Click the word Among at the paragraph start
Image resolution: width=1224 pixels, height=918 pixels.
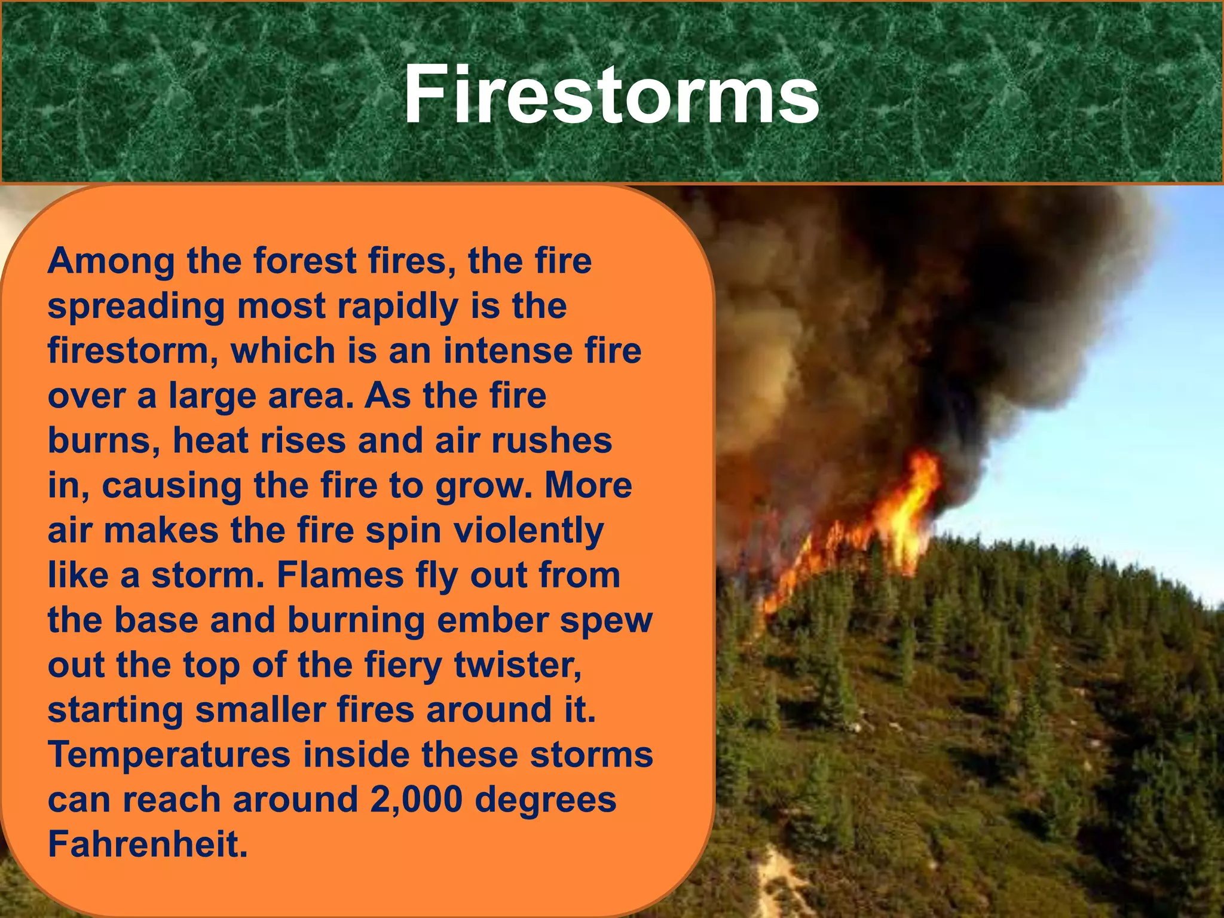tap(111, 262)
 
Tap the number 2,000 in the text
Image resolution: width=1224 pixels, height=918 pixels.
tap(416, 800)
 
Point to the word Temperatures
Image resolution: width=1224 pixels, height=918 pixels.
tap(169, 755)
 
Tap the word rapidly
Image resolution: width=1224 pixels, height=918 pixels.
tap(397, 306)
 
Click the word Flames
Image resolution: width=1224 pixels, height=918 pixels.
tap(340, 575)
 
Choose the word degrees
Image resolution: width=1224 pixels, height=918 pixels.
tap(545, 800)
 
